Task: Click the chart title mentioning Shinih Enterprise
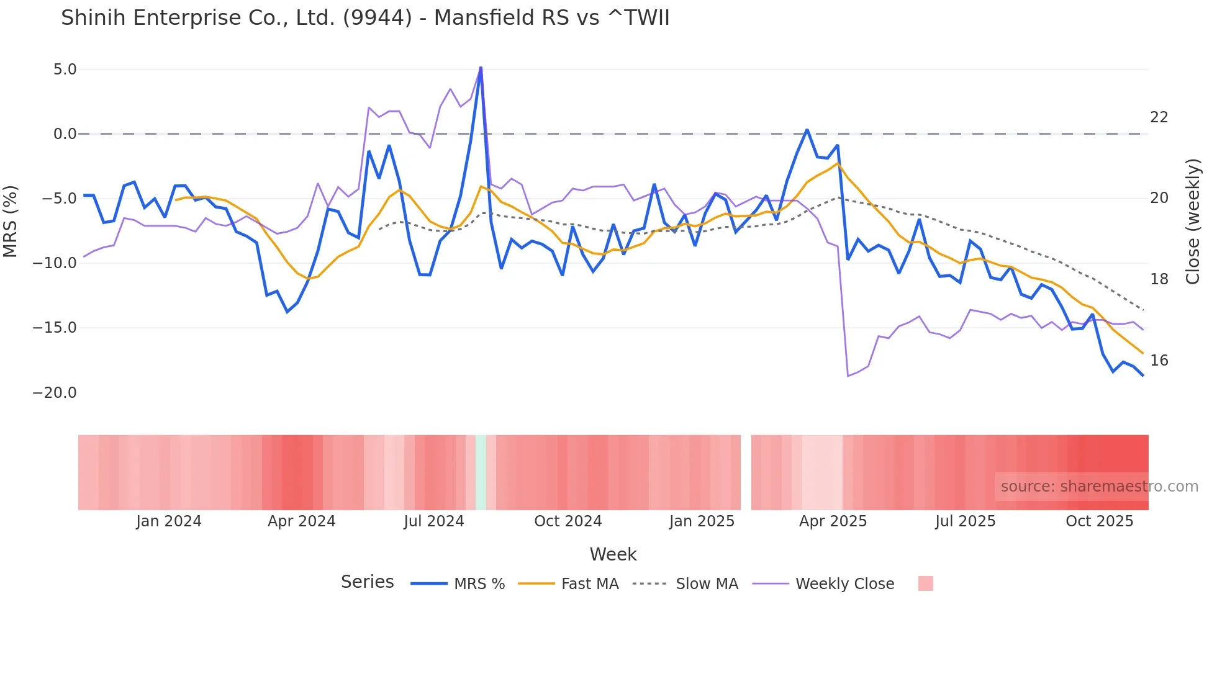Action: coord(365,18)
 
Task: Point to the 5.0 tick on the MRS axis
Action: coord(65,70)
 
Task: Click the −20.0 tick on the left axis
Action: coord(55,393)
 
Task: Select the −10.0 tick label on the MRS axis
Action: coord(55,263)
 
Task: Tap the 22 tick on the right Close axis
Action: coord(1159,117)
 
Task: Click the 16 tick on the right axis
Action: coord(1159,361)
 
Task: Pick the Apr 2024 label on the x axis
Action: coord(301,521)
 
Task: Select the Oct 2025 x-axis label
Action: coord(1099,521)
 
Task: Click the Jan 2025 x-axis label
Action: coord(702,521)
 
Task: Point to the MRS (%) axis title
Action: coord(11,222)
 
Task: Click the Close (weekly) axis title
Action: coord(1192,222)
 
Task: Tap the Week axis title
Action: coord(613,554)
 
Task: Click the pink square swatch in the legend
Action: coord(925,584)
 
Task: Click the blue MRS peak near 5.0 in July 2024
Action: coord(481,68)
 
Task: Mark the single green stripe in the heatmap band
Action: coord(481,472)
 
